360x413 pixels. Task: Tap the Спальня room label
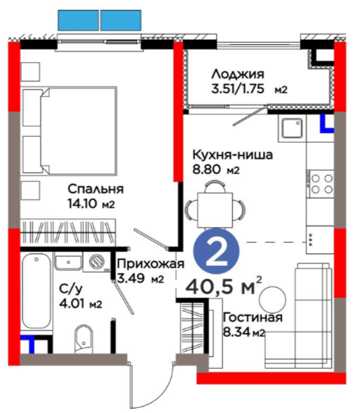96,189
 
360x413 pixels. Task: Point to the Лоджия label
238,75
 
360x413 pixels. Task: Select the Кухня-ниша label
233,155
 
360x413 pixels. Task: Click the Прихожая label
151,264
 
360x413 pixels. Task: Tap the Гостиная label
253,317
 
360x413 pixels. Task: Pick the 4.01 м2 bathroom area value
80,304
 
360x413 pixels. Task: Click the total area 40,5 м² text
224,287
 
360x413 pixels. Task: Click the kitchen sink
292,128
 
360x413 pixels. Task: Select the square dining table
215,210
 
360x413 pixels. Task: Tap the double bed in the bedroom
70,131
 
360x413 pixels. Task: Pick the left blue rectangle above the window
78,20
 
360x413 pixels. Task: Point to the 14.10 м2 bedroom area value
91,204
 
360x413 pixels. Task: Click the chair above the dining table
215,186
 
